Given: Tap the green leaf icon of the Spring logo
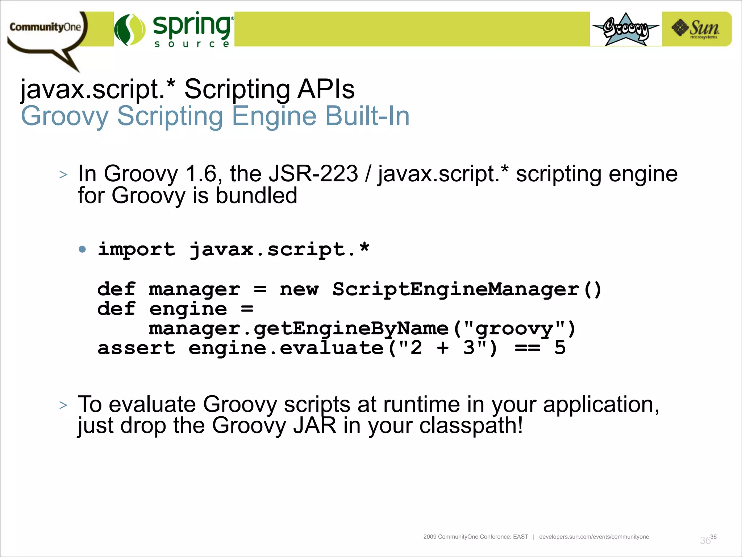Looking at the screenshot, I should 129,30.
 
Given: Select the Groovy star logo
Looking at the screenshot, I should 626,29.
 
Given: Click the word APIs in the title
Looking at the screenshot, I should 326,89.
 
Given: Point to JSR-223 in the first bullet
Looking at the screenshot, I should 313,174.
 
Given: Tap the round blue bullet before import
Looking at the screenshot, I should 83,249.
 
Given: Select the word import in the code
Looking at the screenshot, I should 137,249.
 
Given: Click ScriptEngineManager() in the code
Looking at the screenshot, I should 467,289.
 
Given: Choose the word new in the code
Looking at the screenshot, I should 299,289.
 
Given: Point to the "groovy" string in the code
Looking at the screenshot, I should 514,329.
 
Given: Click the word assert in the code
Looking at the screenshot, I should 137,348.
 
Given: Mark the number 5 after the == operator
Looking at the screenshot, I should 560,348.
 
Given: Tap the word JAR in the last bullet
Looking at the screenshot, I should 315,425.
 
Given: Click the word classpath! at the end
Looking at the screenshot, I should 471,425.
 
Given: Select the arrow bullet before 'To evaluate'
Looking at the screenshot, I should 63,405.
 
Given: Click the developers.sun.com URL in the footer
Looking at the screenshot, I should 594,537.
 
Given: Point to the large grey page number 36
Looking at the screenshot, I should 705,541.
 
